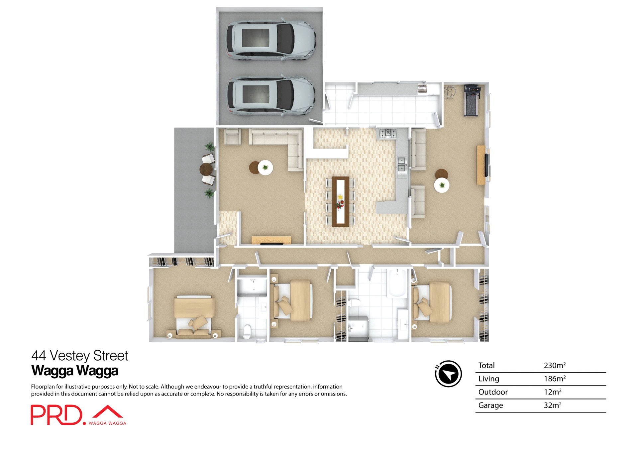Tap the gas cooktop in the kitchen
tap(388, 133)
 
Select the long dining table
tap(340, 201)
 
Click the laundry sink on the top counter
tap(422, 89)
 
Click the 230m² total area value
tap(554, 365)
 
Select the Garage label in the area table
tap(490, 405)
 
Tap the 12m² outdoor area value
tap(552, 392)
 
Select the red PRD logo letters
tap(56, 415)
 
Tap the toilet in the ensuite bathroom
tap(247, 331)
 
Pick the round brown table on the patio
tap(206, 169)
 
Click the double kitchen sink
tap(402, 165)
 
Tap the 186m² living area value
tap(554, 379)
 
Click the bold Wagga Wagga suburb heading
tap(75, 371)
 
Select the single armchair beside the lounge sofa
tap(232, 136)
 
